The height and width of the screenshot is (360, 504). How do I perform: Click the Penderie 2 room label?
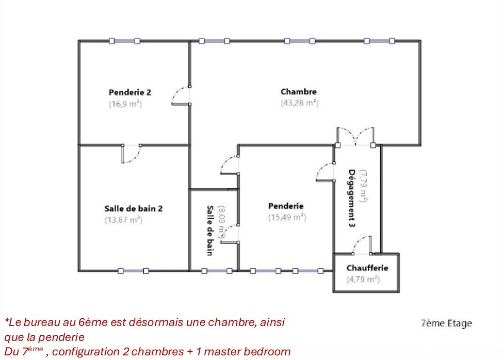click(129, 92)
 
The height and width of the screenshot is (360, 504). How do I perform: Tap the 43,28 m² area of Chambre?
click(300, 103)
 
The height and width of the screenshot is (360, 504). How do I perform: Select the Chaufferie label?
click(367, 268)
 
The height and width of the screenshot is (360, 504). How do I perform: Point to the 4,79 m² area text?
click(363, 280)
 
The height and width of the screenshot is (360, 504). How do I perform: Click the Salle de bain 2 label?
click(134, 208)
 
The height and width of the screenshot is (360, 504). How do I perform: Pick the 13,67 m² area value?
click(123, 220)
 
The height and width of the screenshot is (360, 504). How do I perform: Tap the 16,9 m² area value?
click(125, 104)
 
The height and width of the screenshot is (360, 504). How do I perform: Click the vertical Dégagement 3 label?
click(352, 199)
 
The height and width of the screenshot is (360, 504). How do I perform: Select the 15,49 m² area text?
click(287, 217)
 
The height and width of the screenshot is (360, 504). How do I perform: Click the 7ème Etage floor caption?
click(446, 323)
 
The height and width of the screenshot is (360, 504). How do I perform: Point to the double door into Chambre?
click(355, 137)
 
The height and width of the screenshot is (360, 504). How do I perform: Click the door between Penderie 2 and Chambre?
click(181, 95)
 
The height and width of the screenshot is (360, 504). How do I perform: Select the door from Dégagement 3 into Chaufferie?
click(362, 246)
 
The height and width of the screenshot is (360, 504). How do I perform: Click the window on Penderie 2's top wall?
click(124, 41)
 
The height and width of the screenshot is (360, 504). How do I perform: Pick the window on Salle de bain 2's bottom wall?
click(133, 271)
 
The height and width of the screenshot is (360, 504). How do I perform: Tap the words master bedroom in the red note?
click(247, 351)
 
